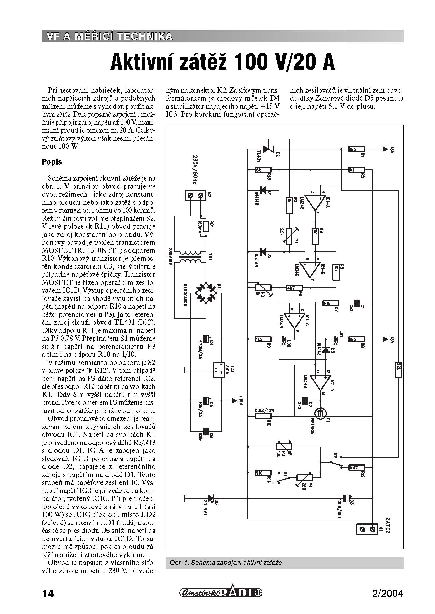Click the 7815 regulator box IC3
point(220,370)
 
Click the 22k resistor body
point(398,370)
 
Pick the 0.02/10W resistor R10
point(263,416)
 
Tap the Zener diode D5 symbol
point(211,498)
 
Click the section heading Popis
point(52,162)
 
